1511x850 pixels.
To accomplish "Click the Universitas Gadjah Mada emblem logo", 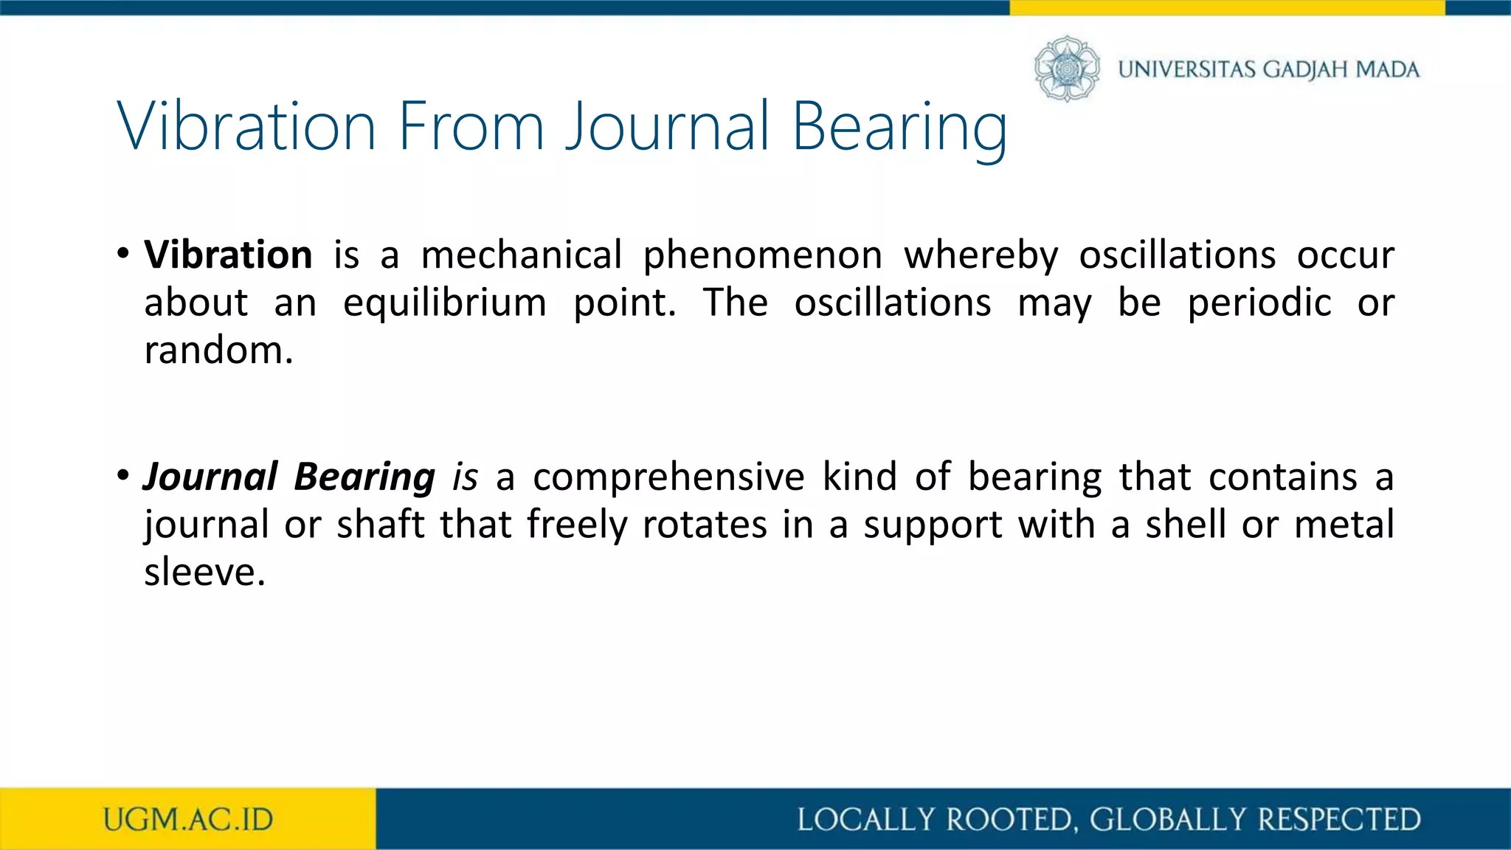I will point(1067,69).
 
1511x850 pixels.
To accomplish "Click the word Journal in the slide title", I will point(668,127).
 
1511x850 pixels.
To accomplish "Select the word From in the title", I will point(471,127).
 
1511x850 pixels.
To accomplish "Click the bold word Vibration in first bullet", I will point(228,255).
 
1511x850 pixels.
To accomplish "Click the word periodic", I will point(1259,303).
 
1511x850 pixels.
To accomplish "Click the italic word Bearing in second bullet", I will point(364,477).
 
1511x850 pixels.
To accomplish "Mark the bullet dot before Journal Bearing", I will point(123,475).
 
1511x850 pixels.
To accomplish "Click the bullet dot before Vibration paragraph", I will point(123,254).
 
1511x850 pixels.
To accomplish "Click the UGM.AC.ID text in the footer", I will point(188,820).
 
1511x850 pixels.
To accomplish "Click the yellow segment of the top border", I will point(1226,7).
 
